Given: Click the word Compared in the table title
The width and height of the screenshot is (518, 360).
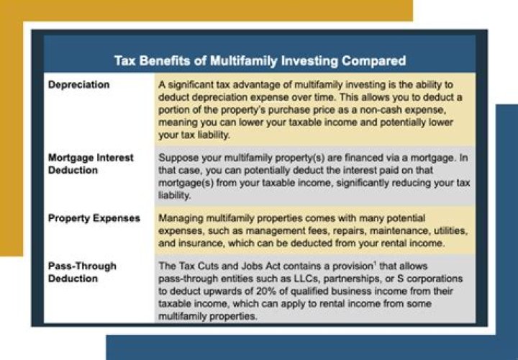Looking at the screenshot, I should (x=374, y=60).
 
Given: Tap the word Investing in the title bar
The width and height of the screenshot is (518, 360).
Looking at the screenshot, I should (x=306, y=60).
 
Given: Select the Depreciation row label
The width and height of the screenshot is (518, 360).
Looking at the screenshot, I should (x=79, y=85).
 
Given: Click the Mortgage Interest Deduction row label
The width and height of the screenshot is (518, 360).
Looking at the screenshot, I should (x=91, y=163).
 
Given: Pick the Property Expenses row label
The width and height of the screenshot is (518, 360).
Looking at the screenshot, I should (x=94, y=217).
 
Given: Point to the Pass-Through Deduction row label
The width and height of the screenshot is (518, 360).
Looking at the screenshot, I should (x=81, y=271).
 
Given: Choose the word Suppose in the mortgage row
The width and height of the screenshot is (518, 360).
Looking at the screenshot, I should (x=179, y=158).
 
